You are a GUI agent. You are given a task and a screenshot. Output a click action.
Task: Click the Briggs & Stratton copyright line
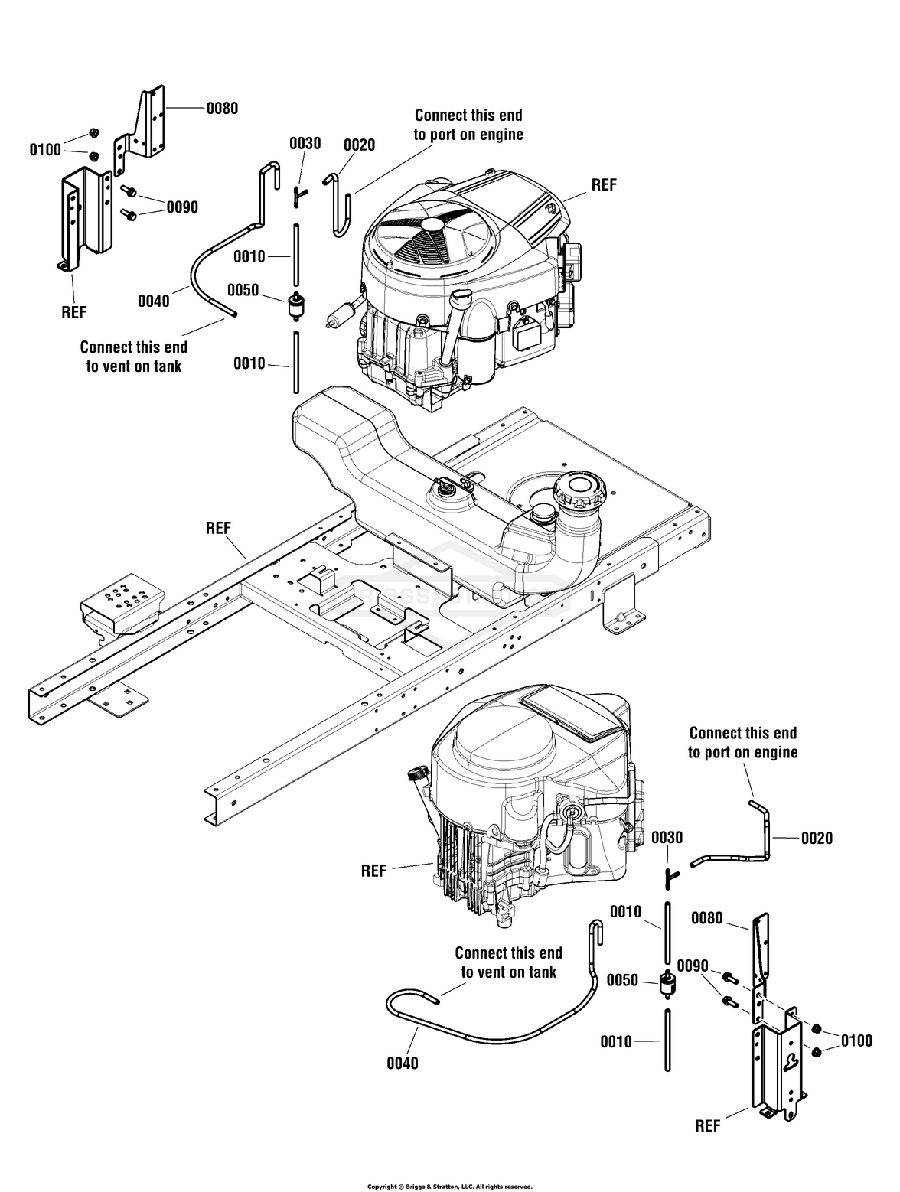[x=450, y=1182]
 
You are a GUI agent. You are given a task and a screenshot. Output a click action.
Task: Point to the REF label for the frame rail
[x=218, y=528]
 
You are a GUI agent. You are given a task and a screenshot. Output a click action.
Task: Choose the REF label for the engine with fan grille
[x=604, y=184]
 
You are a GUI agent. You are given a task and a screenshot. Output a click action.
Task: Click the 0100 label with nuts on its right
[x=46, y=149]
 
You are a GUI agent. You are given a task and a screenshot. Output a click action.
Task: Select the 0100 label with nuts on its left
[x=856, y=1041]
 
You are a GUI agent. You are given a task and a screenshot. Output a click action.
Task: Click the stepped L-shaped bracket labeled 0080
[x=140, y=129]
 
